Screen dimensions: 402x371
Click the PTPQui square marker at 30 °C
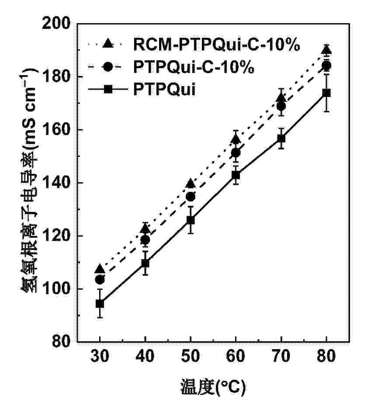tap(100, 303)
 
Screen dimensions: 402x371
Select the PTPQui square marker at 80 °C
tap(326, 93)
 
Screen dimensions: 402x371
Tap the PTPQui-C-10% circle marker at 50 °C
tap(191, 197)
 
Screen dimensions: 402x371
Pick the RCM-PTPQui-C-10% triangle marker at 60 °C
tap(236, 139)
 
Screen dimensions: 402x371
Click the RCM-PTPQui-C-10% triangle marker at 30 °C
tap(100, 268)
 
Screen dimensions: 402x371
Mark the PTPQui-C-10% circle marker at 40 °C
tap(145, 239)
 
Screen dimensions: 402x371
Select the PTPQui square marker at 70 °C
tap(281, 139)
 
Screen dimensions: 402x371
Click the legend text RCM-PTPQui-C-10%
tap(217, 45)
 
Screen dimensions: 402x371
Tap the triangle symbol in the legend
tap(108, 43)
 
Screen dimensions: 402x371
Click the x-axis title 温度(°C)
tap(213, 387)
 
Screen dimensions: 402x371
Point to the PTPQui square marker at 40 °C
tap(145, 263)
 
